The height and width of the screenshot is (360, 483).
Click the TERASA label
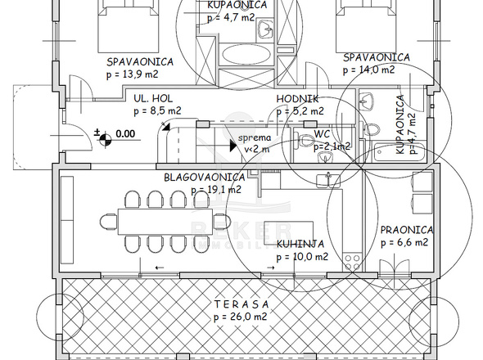pyautogui.click(x=241, y=304)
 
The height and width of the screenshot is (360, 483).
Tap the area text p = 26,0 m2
pyautogui.click(x=241, y=317)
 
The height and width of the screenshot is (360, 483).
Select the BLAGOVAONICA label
pyautogui.click(x=204, y=178)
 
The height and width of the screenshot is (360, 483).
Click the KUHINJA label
pyautogui.click(x=300, y=244)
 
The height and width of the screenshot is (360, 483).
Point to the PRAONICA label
pyautogui.click(x=407, y=230)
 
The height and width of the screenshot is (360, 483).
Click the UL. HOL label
pyautogui.click(x=153, y=98)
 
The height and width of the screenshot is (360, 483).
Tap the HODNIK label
pyautogui.click(x=297, y=99)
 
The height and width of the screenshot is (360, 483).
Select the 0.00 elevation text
pyautogui.click(x=125, y=133)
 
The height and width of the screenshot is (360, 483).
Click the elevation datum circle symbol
pyautogui.click(x=106, y=139)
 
